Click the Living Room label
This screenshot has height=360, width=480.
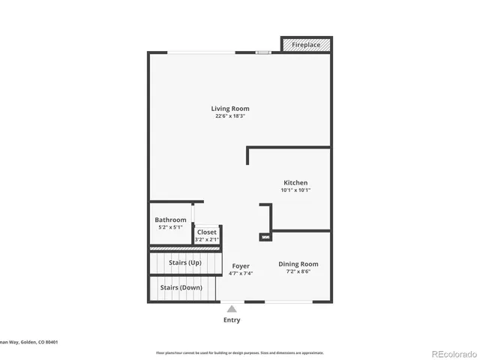(x=229, y=109)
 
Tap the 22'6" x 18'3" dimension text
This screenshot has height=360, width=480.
(x=229, y=116)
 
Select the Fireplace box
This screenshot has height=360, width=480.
(x=305, y=45)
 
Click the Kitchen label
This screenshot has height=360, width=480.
(x=295, y=183)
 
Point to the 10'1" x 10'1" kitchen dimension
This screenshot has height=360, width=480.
(x=295, y=190)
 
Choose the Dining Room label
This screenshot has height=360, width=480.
(x=298, y=264)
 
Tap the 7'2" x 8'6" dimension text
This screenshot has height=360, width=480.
(x=298, y=272)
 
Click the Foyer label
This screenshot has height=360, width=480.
(x=240, y=266)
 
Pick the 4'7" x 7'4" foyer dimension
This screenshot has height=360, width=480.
(x=240, y=274)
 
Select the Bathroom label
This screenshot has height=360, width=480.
(x=170, y=220)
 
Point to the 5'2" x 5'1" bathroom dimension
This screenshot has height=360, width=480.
(x=170, y=227)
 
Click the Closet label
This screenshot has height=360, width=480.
(x=206, y=232)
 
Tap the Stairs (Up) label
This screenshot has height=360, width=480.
(x=184, y=262)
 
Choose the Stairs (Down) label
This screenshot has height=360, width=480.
(x=181, y=287)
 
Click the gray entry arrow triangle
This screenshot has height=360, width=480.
(x=232, y=308)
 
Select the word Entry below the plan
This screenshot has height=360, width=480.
(x=232, y=320)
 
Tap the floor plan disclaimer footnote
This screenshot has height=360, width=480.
(x=239, y=352)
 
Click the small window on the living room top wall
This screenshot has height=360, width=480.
(x=263, y=52)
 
